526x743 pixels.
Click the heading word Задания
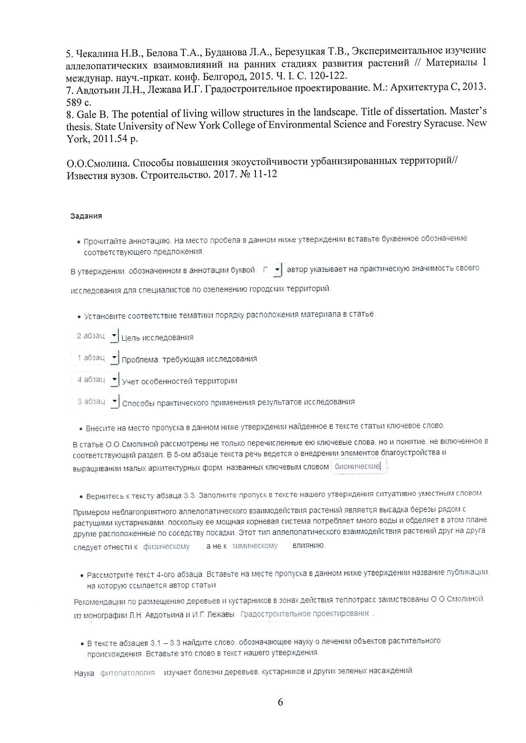pyautogui.click(x=86, y=216)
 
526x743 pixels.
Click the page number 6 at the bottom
pyautogui.click(x=280, y=702)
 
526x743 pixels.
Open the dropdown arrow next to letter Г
pyautogui.click(x=277, y=270)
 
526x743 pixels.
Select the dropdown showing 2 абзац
pyautogui.click(x=95, y=336)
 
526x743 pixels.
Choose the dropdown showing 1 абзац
pyautogui.click(x=95, y=358)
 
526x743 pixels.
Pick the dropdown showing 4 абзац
pyautogui.click(x=95, y=380)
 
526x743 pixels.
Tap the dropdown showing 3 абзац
pyautogui.click(x=95, y=402)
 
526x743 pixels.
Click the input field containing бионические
pyautogui.click(x=359, y=466)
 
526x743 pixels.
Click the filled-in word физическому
pyautogui.click(x=166, y=547)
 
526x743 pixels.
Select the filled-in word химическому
pyautogui.click(x=255, y=546)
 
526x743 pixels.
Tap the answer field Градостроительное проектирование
pyautogui.click(x=305, y=614)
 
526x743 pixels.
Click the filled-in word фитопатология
pyautogui.click(x=127, y=673)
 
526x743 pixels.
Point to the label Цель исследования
pyautogui.click(x=157, y=338)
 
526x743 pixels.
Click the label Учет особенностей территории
pyautogui.click(x=179, y=381)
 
